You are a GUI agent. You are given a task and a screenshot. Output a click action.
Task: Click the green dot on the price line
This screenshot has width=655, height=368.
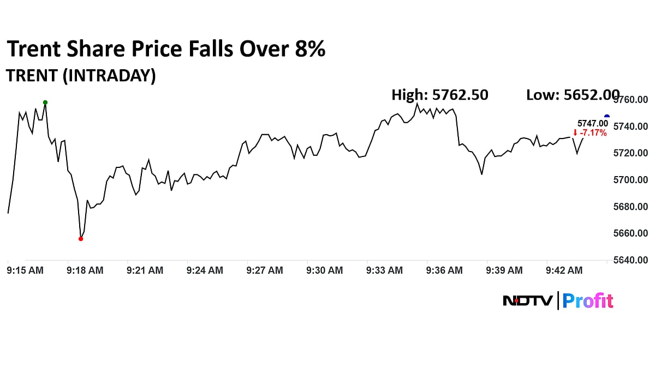click(x=45, y=102)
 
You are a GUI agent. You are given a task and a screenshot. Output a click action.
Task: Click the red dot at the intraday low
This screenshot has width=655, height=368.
click(x=81, y=239)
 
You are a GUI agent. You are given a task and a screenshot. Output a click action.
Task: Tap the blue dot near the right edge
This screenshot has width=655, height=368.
click(x=607, y=117)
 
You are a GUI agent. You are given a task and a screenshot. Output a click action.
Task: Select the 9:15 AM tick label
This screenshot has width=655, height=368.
click(x=25, y=270)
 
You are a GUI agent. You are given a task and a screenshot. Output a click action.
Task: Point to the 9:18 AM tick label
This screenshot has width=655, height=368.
click(x=85, y=270)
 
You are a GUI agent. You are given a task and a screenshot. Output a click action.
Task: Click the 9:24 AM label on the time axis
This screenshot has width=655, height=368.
click(x=205, y=270)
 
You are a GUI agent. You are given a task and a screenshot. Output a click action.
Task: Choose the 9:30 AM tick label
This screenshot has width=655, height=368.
click(x=324, y=270)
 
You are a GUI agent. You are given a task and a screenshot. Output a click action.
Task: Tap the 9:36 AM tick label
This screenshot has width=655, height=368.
click(x=444, y=270)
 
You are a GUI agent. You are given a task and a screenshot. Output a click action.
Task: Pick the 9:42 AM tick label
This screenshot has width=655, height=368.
click(x=564, y=270)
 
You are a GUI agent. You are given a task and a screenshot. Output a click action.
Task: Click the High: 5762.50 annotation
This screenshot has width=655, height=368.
click(x=440, y=95)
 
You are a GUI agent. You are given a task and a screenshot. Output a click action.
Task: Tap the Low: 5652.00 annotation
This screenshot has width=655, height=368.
click(x=572, y=95)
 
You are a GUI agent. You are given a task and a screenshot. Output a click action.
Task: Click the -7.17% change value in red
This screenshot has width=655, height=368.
click(x=592, y=133)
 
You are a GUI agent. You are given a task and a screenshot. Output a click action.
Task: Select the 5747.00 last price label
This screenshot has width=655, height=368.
click(x=592, y=124)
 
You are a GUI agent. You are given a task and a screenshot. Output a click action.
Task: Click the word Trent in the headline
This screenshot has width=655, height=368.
click(x=33, y=50)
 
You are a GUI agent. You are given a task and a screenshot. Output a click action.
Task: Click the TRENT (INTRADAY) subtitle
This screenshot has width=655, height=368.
click(x=81, y=76)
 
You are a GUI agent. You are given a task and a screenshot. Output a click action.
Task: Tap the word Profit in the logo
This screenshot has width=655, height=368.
click(x=588, y=301)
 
